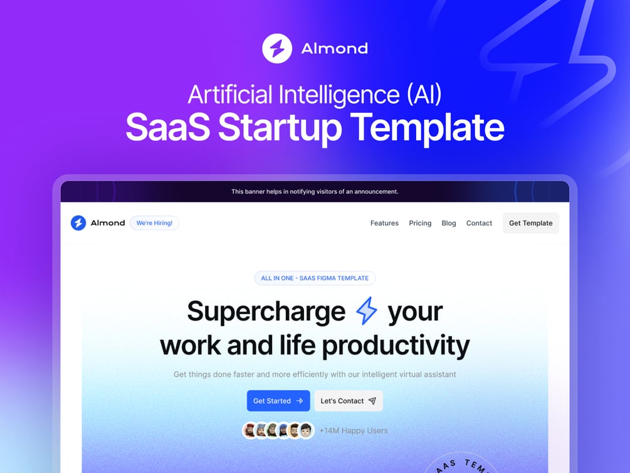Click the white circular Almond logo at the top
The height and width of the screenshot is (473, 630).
pyautogui.click(x=277, y=48)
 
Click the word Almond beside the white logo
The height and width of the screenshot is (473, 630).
pyautogui.click(x=334, y=48)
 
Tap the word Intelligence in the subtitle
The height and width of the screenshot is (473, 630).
pyautogui.click(x=330, y=95)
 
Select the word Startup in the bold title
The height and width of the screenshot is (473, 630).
pyautogui.click(x=280, y=127)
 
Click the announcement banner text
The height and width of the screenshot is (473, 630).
pyautogui.click(x=315, y=191)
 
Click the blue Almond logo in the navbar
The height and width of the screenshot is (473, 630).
pyautogui.click(x=78, y=223)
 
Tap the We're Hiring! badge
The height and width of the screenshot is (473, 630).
pyautogui.click(x=154, y=223)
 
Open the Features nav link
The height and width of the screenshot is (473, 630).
pyautogui.click(x=384, y=223)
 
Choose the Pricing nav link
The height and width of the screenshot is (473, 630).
pyautogui.click(x=420, y=223)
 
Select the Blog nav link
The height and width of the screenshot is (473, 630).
pyautogui.click(x=449, y=223)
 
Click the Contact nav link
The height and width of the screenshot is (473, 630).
pyautogui.click(x=479, y=223)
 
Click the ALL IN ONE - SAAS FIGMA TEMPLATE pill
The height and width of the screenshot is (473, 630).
pyautogui.click(x=315, y=278)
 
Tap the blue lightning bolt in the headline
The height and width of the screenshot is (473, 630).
pyautogui.click(x=366, y=311)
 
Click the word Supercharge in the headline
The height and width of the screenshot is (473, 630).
pyautogui.click(x=266, y=311)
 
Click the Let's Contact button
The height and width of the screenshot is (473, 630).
pyautogui.click(x=348, y=401)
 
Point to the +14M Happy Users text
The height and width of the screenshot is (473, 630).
pyautogui.click(x=353, y=430)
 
